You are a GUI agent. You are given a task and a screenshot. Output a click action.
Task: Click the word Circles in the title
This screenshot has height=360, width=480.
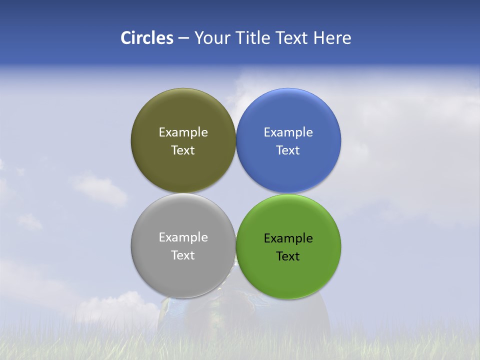click(147, 38)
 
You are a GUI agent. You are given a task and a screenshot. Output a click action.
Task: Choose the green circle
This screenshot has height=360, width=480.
click(288, 275)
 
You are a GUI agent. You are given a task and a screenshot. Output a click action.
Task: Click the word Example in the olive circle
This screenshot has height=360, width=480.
click(183, 132)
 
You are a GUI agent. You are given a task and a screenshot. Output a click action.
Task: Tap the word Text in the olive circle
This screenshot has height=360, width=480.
click(183, 150)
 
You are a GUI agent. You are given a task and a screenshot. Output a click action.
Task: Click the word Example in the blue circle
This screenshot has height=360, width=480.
click(288, 132)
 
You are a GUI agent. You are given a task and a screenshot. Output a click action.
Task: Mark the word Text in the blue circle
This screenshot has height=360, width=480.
click(288, 150)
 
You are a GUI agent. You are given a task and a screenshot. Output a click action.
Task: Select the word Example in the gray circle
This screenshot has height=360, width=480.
click(183, 237)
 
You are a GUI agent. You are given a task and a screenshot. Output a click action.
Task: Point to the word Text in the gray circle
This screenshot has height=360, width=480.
click(183, 255)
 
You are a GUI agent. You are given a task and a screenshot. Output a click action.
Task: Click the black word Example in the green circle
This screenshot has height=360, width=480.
click(288, 238)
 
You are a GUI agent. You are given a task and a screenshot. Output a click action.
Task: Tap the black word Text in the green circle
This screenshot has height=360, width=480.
click(288, 256)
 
